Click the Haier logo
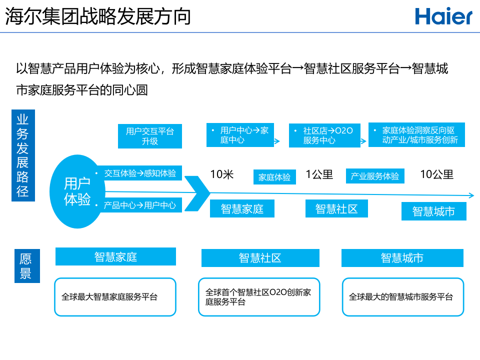click(443, 16)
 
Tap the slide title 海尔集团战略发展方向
click(98, 16)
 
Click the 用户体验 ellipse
click(77, 191)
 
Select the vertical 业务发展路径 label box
click(23, 155)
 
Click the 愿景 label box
click(25, 266)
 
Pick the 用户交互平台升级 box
click(149, 136)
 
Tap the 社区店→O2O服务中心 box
click(324, 135)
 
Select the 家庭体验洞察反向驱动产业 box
click(416, 135)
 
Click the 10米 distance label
click(222, 174)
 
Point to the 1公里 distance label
click(319, 174)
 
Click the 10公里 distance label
click(436, 174)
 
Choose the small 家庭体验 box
click(274, 177)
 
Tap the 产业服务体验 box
click(375, 176)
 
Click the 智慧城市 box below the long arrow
click(433, 211)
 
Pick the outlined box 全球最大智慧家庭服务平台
click(115, 297)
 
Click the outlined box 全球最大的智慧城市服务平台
click(403, 297)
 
